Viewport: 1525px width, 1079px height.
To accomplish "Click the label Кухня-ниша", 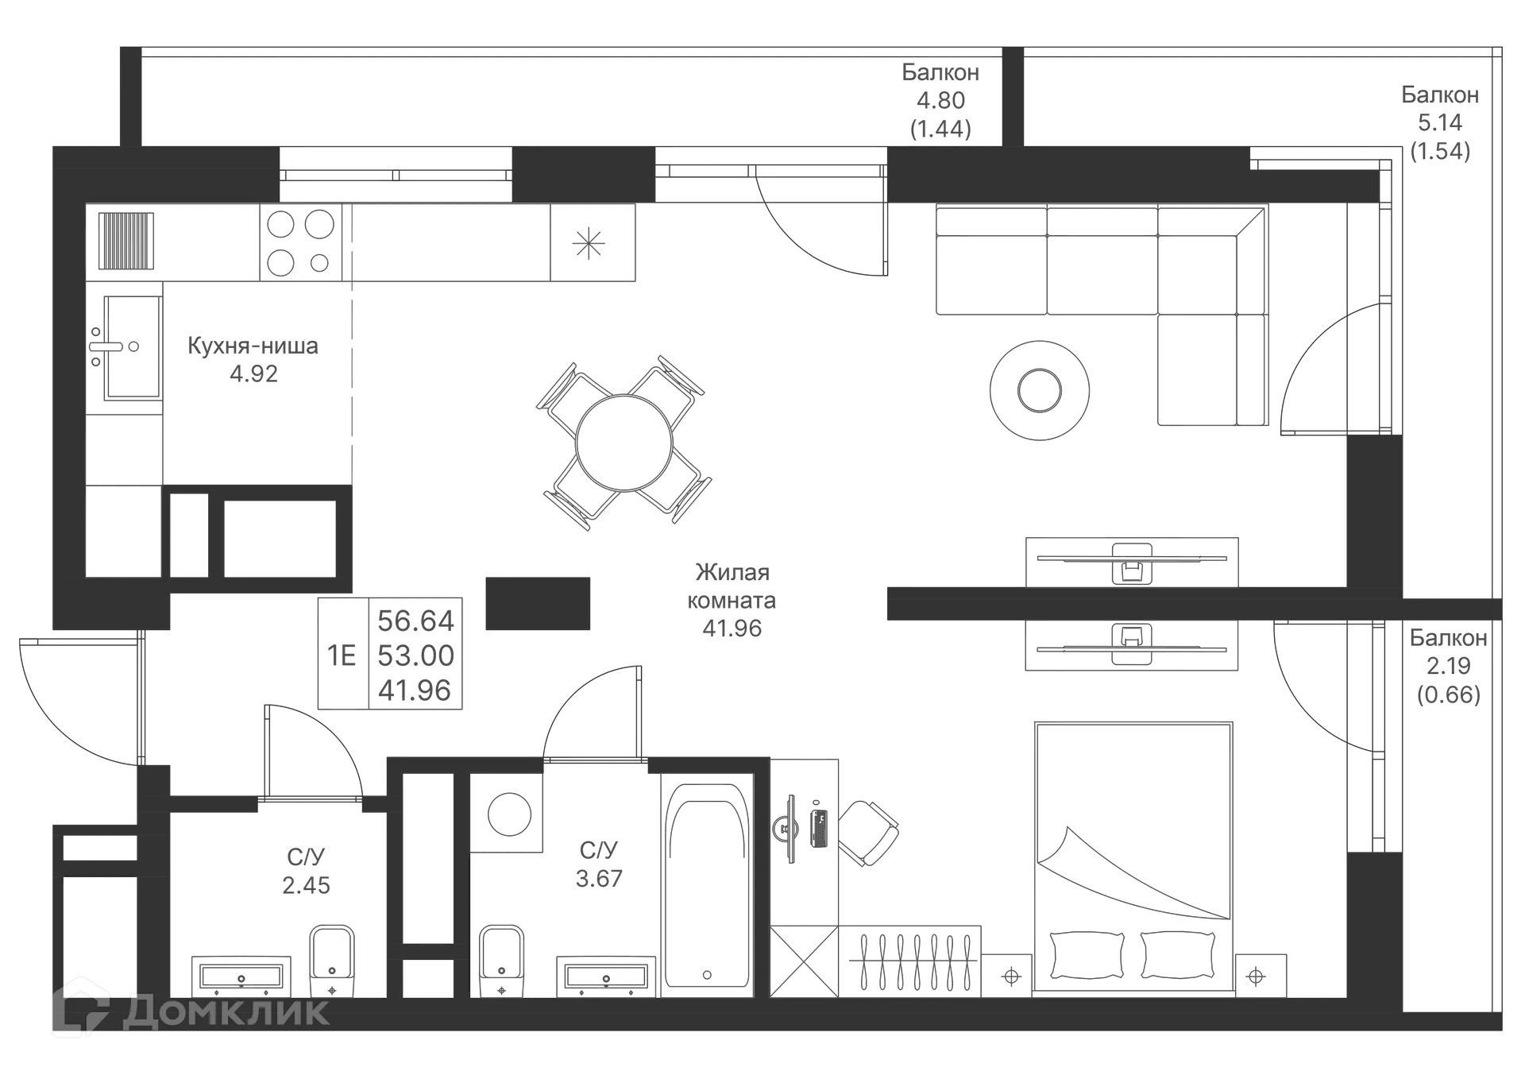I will click(x=253, y=346).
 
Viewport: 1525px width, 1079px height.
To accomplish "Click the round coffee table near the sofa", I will click(x=1038, y=390).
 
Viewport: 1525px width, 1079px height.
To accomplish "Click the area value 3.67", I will click(x=600, y=878).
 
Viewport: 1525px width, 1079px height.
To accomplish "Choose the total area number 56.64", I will click(x=415, y=620).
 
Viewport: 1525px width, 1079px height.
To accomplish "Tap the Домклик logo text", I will click(x=226, y=1011).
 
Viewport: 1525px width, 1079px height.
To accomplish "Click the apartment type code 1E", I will click(x=342, y=656).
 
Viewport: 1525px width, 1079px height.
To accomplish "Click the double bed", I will click(x=1133, y=854).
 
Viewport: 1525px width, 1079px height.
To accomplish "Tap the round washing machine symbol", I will click(x=508, y=814).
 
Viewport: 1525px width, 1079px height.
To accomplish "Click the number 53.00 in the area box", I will click(x=415, y=656).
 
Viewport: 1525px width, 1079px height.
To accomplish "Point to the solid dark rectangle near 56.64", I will click(x=540, y=603).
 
